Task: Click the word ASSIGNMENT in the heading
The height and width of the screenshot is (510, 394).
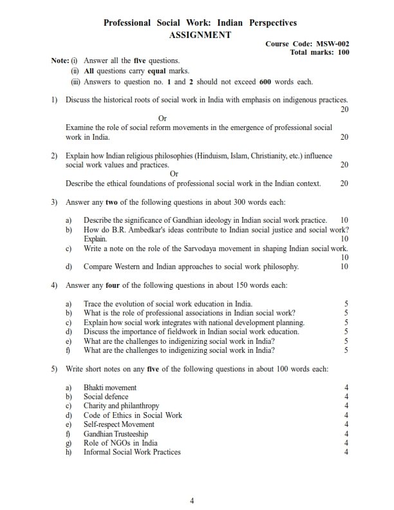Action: (200, 35)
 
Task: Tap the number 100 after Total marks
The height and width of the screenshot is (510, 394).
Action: (343, 53)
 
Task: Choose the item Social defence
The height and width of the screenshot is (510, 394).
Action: (106, 397)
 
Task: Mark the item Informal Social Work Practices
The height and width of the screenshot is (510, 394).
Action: (132, 452)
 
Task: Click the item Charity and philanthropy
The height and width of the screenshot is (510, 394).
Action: (121, 406)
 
